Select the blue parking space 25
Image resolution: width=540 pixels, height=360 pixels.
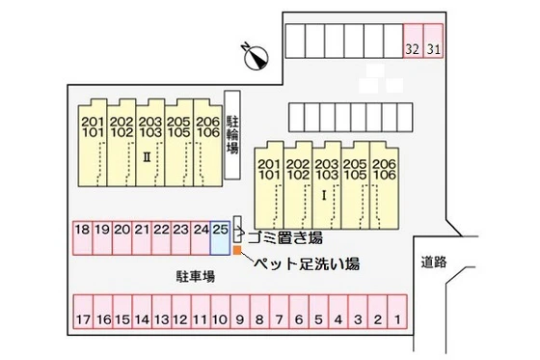(x=221, y=237)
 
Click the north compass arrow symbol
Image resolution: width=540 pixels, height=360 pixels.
(x=256, y=57)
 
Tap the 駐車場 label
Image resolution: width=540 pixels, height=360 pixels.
(x=194, y=276)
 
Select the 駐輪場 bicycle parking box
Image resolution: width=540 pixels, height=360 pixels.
(x=232, y=136)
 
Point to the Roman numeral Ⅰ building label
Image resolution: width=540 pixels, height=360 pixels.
(x=325, y=194)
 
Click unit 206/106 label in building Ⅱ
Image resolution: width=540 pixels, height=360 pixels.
(x=207, y=126)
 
